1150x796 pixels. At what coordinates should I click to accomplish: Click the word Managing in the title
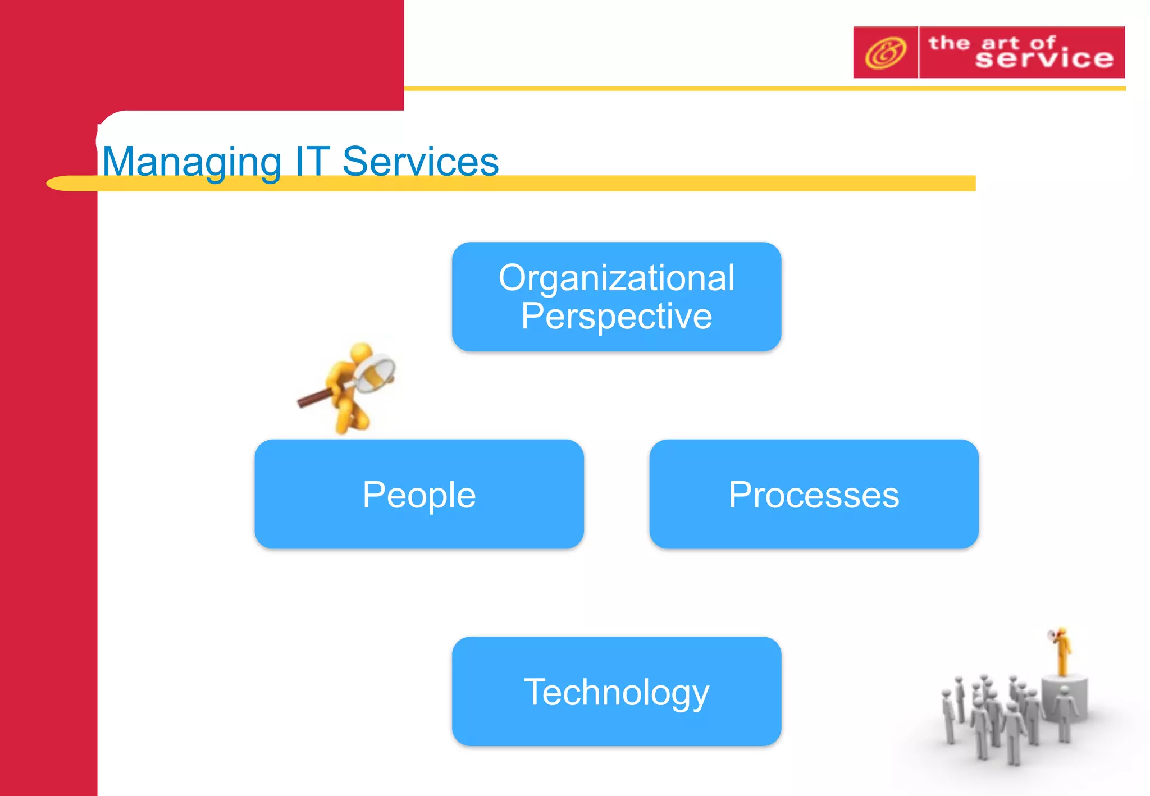pos(191,162)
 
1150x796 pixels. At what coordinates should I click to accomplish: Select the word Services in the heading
pos(420,162)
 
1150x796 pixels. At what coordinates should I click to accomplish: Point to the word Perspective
pos(616,316)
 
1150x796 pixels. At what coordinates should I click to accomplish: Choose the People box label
pos(419,495)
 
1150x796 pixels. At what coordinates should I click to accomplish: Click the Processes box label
pos(814,495)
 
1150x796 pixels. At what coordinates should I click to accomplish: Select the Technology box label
pos(616,692)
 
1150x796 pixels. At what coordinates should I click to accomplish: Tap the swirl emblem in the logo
pos(885,53)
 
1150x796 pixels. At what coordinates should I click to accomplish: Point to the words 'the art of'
pos(991,43)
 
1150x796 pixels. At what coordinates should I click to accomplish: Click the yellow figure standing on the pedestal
pos(1062,654)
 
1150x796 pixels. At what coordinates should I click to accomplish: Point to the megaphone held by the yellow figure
pos(1052,635)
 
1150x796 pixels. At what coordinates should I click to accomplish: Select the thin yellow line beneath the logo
pos(730,89)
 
